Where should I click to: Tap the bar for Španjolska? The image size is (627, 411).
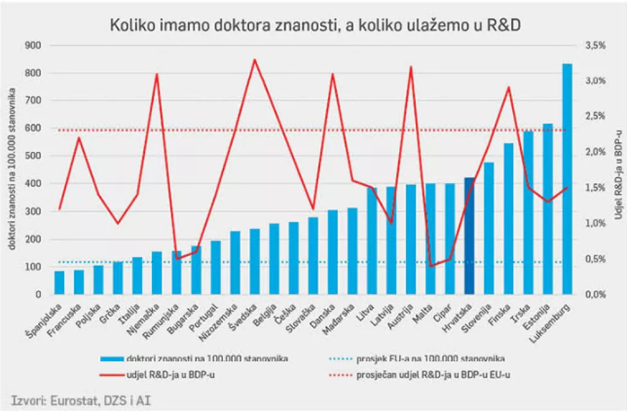[59, 282]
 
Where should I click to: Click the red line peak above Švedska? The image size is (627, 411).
[255, 60]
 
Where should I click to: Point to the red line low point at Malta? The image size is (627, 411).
[430, 266]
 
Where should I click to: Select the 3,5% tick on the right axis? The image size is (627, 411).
[595, 45]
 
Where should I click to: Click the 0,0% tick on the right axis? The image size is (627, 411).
[595, 295]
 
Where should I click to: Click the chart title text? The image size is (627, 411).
[315, 25]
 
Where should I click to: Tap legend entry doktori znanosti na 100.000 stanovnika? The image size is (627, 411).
[205, 359]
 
